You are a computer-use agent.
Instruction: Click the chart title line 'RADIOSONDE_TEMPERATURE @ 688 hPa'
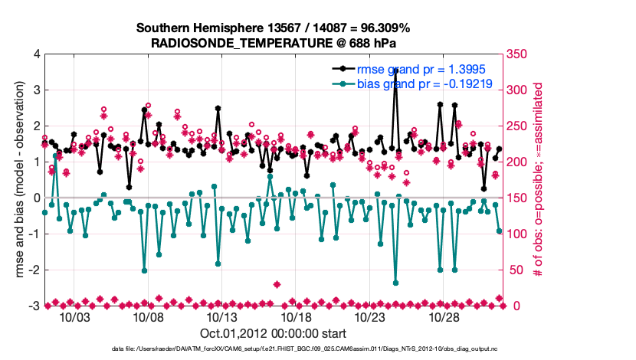coord(274,43)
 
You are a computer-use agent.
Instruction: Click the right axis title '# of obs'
coord(539,181)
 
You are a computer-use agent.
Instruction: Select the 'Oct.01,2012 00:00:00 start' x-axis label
coord(274,333)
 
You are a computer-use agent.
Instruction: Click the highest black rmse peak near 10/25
coord(395,70)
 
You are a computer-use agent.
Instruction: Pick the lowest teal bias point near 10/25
coord(395,283)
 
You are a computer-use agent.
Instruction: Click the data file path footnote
coord(274,350)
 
